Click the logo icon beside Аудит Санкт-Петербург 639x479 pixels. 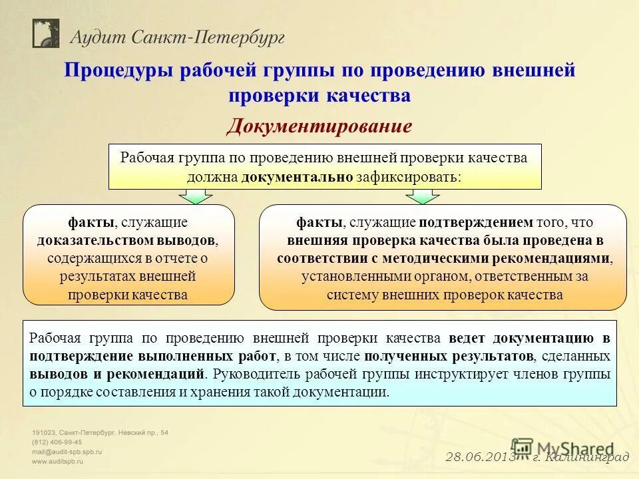(x=46, y=33)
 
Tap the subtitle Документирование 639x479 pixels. (x=319, y=126)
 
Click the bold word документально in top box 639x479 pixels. (x=296, y=177)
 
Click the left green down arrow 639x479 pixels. (x=194, y=196)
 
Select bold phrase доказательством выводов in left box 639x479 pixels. (x=127, y=240)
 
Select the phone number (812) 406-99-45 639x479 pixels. (x=57, y=442)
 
